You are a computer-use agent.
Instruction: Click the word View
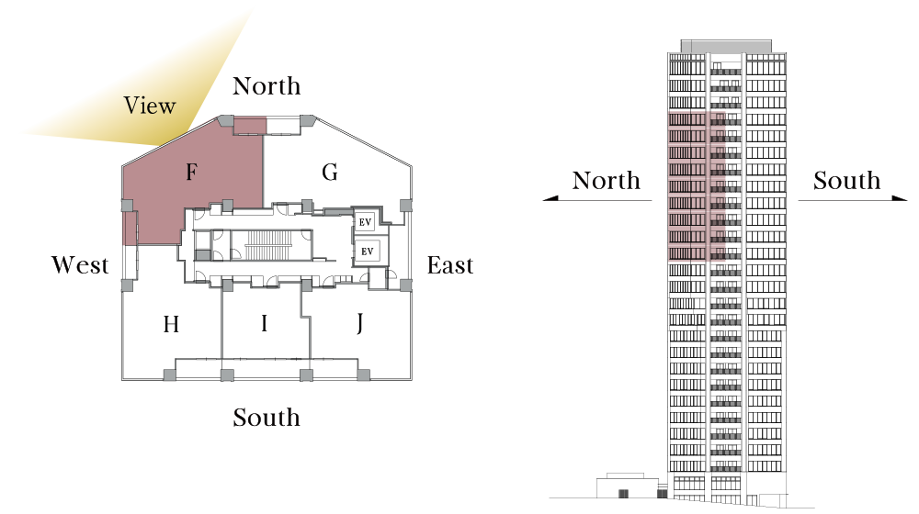[150, 106]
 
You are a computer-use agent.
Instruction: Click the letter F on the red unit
[191, 172]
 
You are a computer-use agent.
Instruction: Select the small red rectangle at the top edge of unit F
[250, 123]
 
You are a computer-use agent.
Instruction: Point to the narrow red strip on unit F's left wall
[125, 229]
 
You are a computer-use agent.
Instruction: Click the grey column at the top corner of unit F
[225, 120]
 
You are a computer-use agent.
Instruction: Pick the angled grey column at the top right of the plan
[307, 120]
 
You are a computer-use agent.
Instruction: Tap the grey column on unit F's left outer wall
[127, 206]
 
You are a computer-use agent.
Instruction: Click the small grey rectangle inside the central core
[203, 254]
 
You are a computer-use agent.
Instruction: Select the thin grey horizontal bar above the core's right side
[338, 212]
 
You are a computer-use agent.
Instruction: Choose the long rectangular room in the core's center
[270, 245]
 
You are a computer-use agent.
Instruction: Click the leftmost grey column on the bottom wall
[170, 374]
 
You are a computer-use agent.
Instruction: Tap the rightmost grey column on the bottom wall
[363, 374]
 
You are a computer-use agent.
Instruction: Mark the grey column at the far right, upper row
[405, 205]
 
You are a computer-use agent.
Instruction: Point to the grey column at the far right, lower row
[405, 285]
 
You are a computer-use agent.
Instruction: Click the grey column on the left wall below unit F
[127, 285]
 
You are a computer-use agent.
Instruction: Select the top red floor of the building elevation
[697, 118]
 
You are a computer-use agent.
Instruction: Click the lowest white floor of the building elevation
[697, 287]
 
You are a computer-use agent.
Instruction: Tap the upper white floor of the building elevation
[697, 270]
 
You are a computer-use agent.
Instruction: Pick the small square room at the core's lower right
[377, 277]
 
